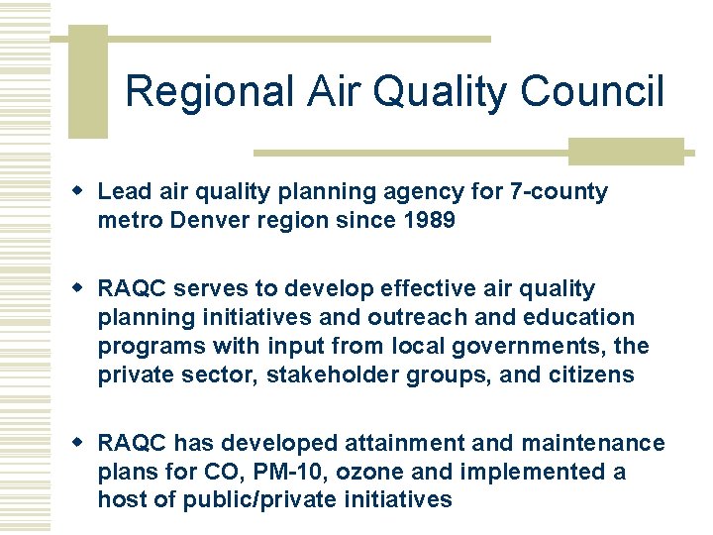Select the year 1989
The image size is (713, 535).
[x=427, y=220]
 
